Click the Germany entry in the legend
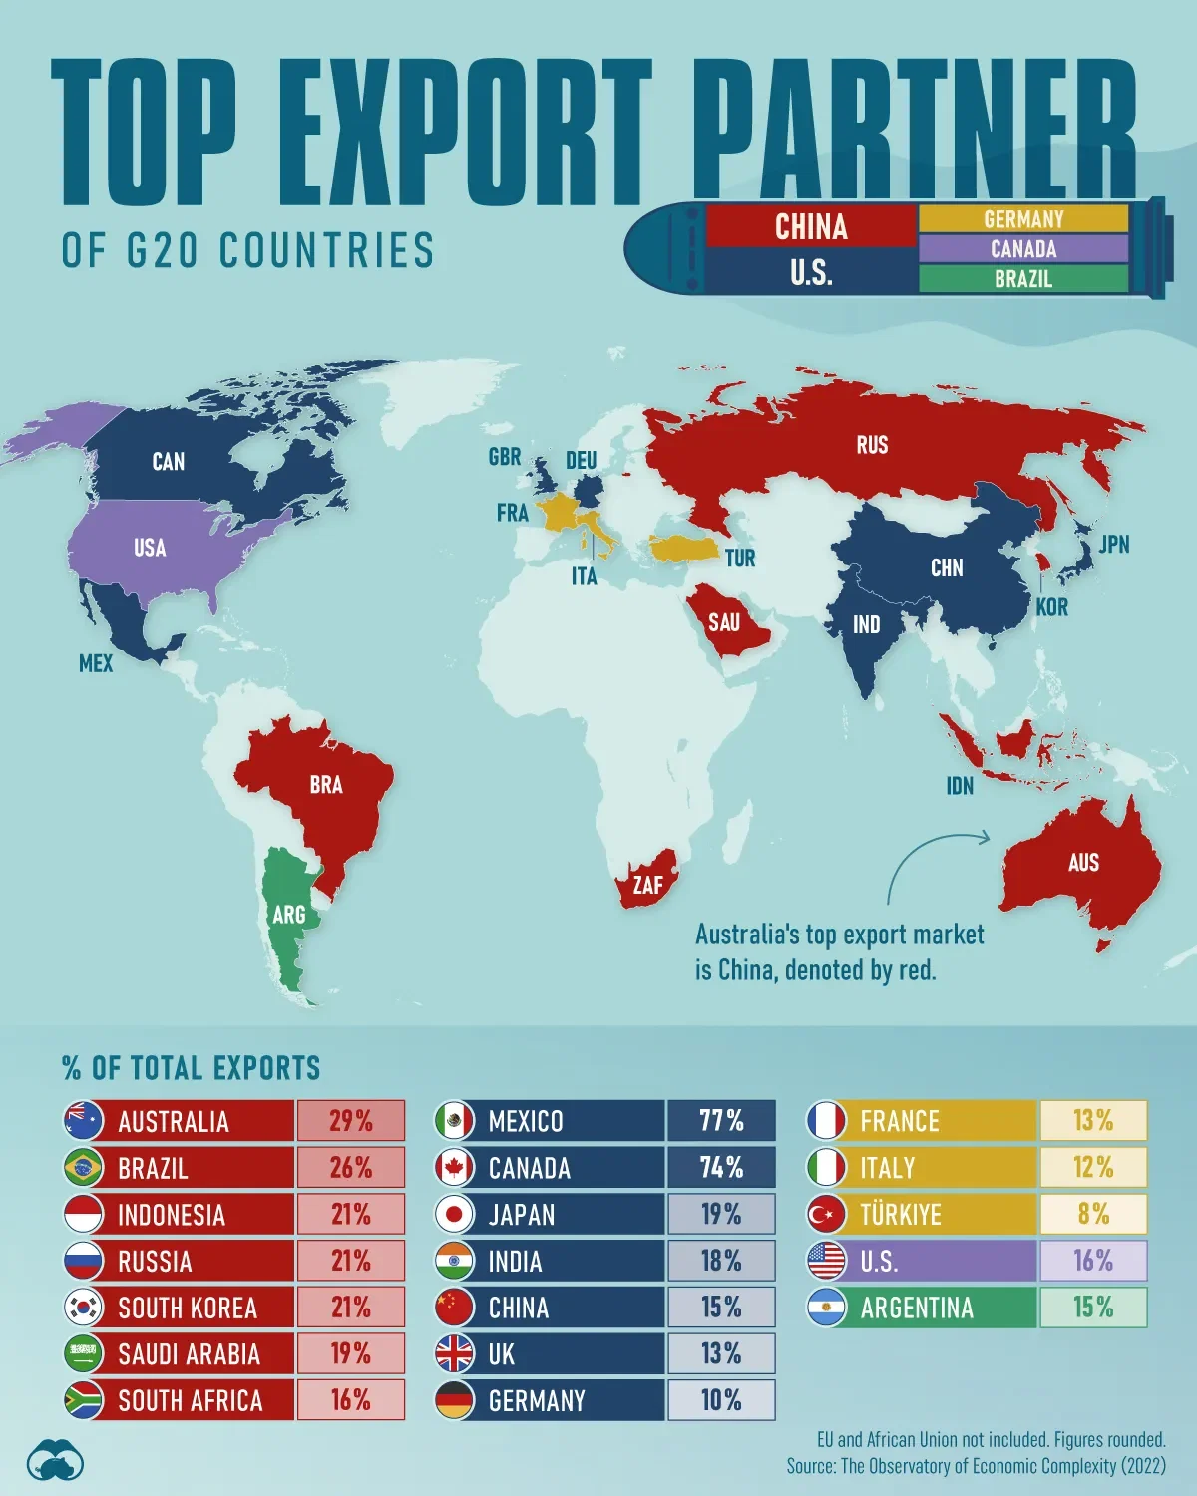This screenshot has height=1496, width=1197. click(x=1023, y=219)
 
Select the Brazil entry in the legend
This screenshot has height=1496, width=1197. click(x=1023, y=279)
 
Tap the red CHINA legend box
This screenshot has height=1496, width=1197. click(x=811, y=227)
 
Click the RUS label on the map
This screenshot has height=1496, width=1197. click(x=872, y=445)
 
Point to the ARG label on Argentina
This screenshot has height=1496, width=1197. click(x=289, y=914)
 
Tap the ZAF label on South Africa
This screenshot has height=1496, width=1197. click(x=648, y=885)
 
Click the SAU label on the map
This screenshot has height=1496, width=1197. click(x=724, y=623)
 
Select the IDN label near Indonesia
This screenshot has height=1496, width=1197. click(x=960, y=786)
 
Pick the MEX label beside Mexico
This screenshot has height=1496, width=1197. click(x=96, y=663)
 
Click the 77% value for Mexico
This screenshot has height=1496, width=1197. click(x=721, y=1121)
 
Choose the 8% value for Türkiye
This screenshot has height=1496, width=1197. click(x=1093, y=1214)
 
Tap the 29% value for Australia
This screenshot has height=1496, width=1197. click(x=351, y=1121)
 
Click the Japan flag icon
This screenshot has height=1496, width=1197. click(x=454, y=1215)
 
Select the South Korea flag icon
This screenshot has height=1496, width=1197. click(x=83, y=1308)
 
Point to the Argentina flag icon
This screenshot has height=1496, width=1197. click(x=826, y=1308)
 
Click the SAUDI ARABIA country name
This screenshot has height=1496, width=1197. click(x=189, y=1354)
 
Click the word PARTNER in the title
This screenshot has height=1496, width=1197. click(x=923, y=130)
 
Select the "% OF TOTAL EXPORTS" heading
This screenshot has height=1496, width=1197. click(x=192, y=1068)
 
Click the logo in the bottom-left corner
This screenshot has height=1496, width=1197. click(x=56, y=1462)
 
